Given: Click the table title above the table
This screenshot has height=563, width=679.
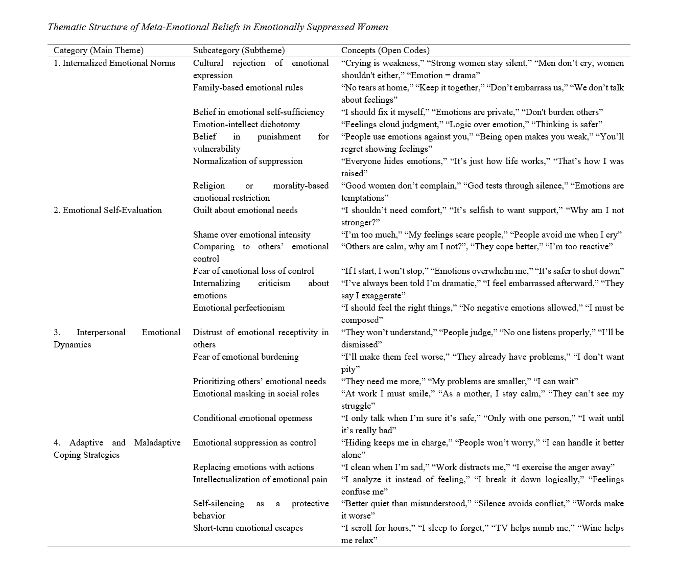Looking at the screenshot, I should [x=218, y=27].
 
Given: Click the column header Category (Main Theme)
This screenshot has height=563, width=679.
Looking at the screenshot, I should [x=99, y=50].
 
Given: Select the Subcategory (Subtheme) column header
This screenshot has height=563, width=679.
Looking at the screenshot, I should [x=239, y=50].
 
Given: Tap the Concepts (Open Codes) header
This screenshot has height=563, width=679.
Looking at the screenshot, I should [x=385, y=50].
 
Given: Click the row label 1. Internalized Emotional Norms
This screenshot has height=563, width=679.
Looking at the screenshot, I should [x=114, y=63].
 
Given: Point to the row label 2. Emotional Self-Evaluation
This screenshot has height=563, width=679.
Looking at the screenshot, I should [x=108, y=210].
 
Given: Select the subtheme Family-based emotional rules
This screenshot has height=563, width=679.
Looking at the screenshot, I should [x=248, y=87].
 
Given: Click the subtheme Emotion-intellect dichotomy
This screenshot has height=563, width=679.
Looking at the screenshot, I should [x=246, y=124].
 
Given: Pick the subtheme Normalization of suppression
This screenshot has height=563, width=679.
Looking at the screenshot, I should [x=248, y=161].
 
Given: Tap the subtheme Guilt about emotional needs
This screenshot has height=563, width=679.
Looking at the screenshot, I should [x=245, y=210].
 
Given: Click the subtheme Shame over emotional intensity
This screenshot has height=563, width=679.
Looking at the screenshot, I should [x=252, y=234].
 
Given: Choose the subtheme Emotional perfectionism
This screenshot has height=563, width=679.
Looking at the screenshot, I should [x=239, y=308].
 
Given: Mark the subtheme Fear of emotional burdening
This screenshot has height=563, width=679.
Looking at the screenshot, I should [x=246, y=357].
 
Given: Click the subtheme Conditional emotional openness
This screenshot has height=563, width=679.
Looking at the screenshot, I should [x=252, y=418].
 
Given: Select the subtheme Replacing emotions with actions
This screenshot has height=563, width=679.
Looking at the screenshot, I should [x=253, y=467].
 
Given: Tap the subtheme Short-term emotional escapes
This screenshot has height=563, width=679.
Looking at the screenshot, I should [x=248, y=528].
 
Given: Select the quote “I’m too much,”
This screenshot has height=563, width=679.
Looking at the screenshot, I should [x=370, y=234].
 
